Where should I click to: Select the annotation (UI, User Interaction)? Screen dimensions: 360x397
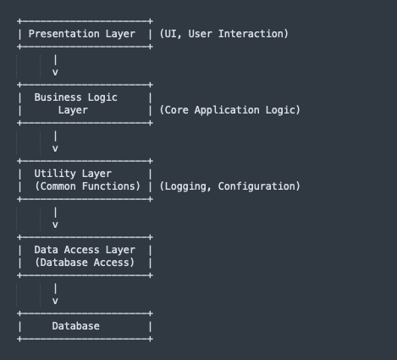pyautogui.click(x=223, y=34)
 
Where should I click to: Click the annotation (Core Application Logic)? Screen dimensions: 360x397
pyautogui.click(x=229, y=110)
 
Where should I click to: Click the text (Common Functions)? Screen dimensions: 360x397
pyautogui.click(x=87, y=186)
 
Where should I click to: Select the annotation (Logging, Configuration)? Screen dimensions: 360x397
pyautogui.click(x=229, y=186)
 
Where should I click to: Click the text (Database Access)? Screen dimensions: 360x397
pyautogui.click(x=85, y=263)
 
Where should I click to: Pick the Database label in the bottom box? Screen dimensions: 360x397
pyautogui.click(x=75, y=326)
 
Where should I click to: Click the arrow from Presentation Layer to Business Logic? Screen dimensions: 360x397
pyautogui.click(x=55, y=66)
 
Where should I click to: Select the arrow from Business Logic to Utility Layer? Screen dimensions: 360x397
pyautogui.click(x=55, y=142)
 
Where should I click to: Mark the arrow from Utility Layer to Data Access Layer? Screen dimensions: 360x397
pyautogui.click(x=55, y=219)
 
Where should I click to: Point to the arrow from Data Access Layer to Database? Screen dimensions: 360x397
pyautogui.click(x=55, y=295)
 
